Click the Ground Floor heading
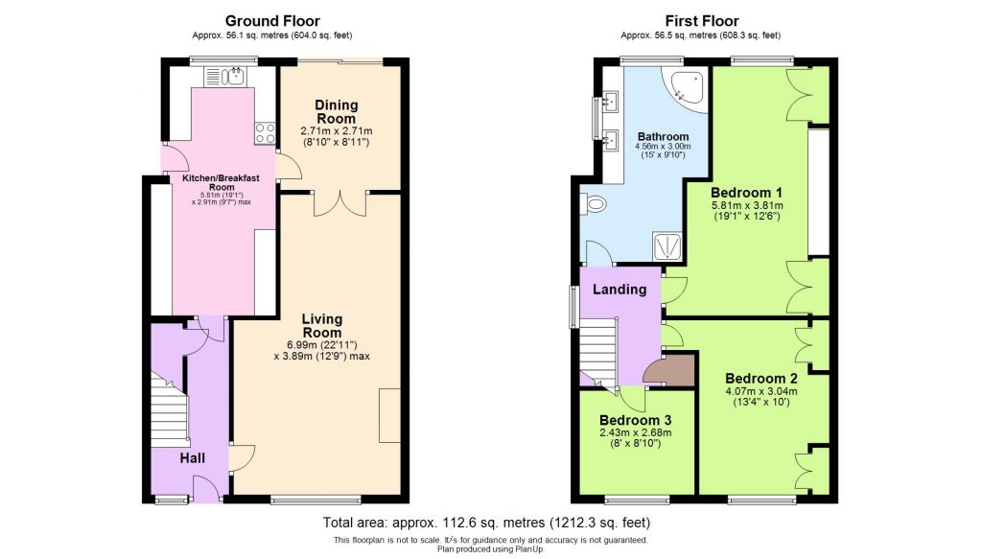point(272,20)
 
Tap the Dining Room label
point(336,111)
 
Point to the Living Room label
point(322,326)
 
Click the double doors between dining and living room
point(340,202)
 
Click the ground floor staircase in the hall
point(170,412)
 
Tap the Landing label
point(619,290)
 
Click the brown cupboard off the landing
point(670,371)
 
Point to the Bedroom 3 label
point(635,420)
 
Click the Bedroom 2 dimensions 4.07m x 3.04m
point(761,391)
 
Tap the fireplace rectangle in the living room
point(389,415)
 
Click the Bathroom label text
point(663,137)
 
